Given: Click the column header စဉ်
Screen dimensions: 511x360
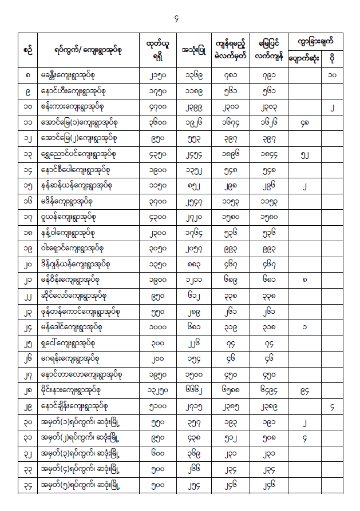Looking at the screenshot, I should click(27, 50).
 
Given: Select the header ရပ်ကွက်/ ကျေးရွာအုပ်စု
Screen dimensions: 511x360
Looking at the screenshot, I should click(85, 50).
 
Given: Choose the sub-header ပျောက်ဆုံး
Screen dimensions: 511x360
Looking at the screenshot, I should click(304, 59).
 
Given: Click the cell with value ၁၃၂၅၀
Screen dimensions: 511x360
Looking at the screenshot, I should click(157, 391).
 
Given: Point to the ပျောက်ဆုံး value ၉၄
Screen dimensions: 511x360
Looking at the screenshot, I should click(304, 391).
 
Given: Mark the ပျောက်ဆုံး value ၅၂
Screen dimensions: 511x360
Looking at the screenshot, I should click(304, 154).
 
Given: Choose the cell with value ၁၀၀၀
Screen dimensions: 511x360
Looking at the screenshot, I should click(157, 328).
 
